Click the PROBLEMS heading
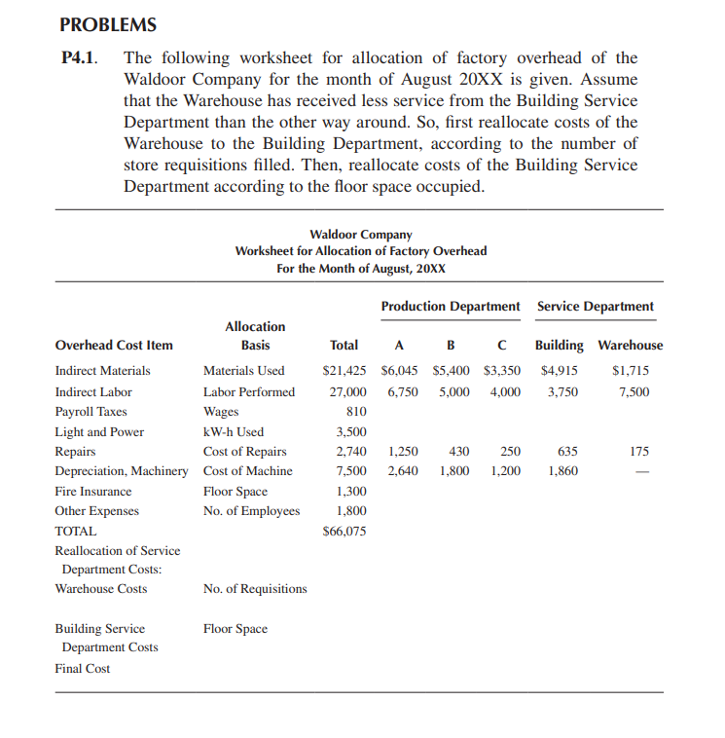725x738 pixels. [x=107, y=24]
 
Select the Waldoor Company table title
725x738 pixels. [x=360, y=234]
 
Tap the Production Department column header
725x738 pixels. [x=450, y=306]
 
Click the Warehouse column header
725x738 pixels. [x=630, y=345]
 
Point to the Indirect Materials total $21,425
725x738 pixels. [x=344, y=370]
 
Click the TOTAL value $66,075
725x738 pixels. [x=344, y=531]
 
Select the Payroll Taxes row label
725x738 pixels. [x=91, y=411]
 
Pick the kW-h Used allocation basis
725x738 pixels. [x=233, y=431]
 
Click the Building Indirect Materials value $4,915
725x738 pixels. [x=560, y=370]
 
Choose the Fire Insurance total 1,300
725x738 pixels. [x=350, y=492]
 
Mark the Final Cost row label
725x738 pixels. [x=82, y=668]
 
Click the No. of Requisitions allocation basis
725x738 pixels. [x=254, y=588]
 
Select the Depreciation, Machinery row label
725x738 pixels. [x=121, y=471]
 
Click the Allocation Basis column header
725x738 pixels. [x=255, y=336]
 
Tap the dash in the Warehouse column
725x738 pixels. [x=640, y=472]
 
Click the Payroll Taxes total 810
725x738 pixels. [x=354, y=411]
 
